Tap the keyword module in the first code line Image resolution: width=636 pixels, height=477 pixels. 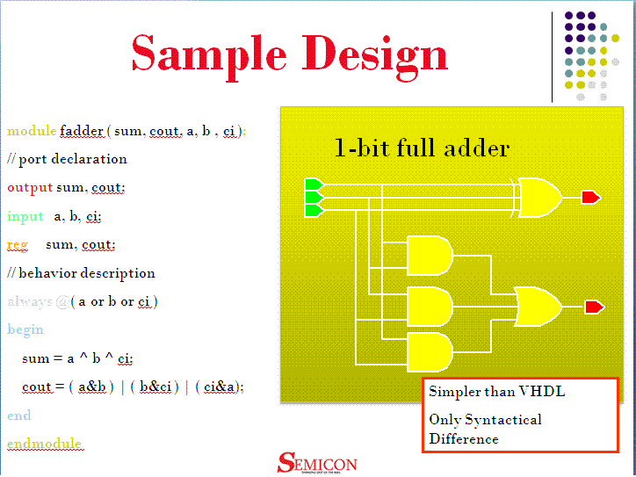32,131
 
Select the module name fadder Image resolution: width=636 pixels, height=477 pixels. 82,131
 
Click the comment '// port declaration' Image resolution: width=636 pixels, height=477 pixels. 67,159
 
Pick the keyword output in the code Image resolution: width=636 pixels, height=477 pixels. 30,187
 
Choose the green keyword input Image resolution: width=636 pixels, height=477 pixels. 25,216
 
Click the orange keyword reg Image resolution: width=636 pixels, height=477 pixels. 18,244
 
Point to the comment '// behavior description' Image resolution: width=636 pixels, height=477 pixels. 81,273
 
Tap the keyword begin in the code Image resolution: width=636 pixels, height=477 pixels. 25,329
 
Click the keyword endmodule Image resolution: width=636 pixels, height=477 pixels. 44,444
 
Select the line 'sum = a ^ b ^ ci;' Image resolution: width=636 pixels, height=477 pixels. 77,358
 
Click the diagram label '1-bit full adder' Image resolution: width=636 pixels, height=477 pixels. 422,148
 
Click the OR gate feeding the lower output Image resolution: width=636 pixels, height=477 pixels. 538,307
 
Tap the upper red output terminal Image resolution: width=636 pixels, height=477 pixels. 590,198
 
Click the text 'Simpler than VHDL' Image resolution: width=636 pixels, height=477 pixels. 496,392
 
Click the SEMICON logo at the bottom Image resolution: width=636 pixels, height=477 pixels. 317,463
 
